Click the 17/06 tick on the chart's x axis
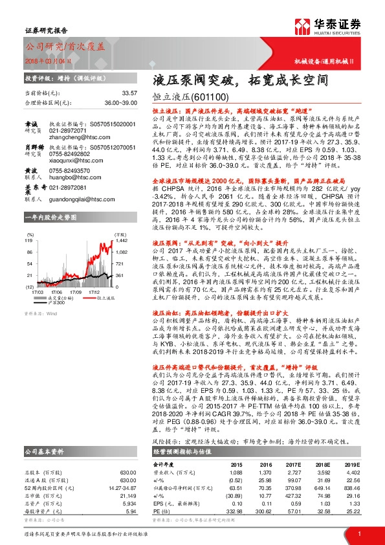point(57,273)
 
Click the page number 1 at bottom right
point(358,533)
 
